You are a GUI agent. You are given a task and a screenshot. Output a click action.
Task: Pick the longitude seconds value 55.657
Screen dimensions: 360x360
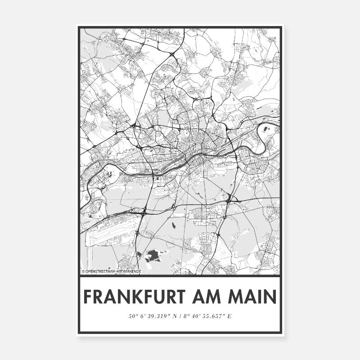(211, 316)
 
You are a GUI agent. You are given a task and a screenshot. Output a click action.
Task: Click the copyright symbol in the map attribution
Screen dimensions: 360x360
(83, 272)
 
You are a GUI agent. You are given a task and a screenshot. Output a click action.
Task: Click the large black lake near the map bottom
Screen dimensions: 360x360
(152, 256)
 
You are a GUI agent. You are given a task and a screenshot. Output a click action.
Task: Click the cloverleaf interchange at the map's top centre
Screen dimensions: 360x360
(172, 54)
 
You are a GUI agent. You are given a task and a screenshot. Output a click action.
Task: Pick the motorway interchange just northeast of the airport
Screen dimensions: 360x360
(144, 210)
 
